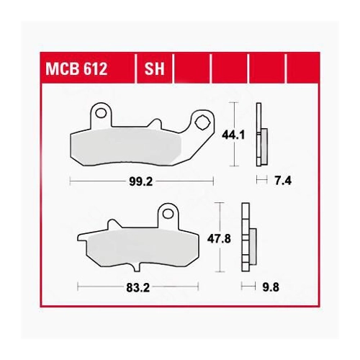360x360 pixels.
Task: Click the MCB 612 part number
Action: tap(76, 69)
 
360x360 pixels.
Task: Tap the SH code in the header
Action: tap(154, 69)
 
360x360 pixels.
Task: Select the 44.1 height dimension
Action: tap(233, 135)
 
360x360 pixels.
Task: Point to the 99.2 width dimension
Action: tap(141, 181)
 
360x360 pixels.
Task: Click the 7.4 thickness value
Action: tap(283, 181)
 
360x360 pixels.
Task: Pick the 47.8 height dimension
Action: tap(219, 239)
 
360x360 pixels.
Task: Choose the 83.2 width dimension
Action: tap(138, 287)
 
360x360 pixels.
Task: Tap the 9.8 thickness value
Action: tap(271, 287)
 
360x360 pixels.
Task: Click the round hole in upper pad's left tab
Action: tap(101, 113)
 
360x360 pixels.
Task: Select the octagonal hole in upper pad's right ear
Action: tap(202, 123)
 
